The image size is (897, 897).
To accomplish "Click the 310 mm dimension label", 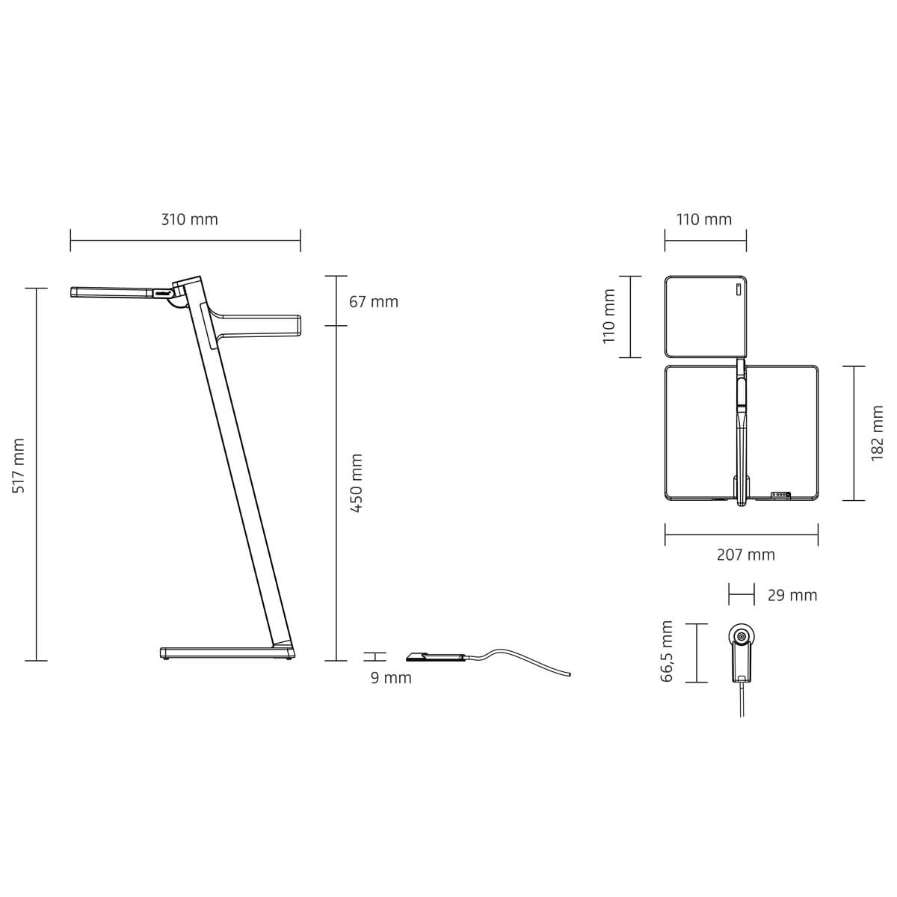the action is tap(189, 219).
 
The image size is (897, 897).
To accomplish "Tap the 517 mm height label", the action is tap(19, 466).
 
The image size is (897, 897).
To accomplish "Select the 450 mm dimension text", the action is tap(356, 483).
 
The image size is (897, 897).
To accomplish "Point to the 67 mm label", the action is tap(373, 302).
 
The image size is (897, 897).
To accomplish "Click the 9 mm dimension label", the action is tap(391, 678).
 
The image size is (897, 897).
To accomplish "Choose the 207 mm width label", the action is tap(746, 555).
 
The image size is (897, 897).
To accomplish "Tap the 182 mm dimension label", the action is tap(877, 433).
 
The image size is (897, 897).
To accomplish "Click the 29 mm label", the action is tap(792, 595).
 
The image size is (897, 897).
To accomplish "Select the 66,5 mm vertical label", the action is tap(667, 651).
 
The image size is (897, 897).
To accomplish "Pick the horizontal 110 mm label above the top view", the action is tap(704, 219).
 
